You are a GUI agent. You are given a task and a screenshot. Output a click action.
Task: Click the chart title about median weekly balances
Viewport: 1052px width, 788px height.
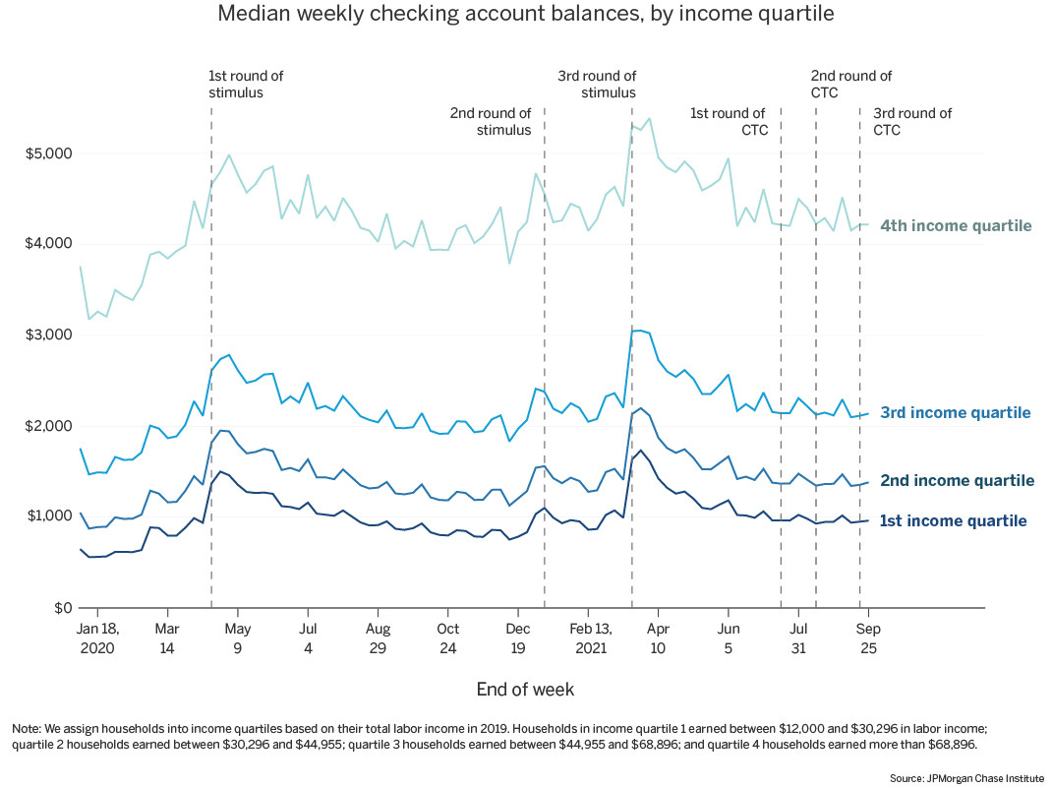pyautogui.click(x=525, y=15)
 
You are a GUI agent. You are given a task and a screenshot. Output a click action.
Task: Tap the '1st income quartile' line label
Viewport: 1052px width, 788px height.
pyautogui.click(x=954, y=521)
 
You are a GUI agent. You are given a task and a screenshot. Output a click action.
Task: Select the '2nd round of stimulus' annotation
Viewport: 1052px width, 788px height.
pyautogui.click(x=491, y=121)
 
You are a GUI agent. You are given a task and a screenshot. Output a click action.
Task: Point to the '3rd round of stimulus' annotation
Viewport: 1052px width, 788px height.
pyautogui.click(x=597, y=85)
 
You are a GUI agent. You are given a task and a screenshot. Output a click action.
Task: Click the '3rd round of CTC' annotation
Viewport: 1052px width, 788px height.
pyautogui.click(x=912, y=121)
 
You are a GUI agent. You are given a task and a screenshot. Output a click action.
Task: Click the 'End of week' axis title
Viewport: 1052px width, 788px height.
pyautogui.click(x=525, y=689)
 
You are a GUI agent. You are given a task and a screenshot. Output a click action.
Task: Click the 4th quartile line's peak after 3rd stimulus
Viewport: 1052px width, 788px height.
pyautogui.click(x=649, y=119)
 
